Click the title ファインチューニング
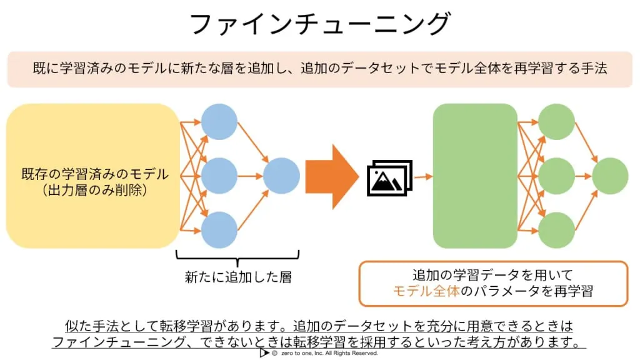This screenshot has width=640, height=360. [320, 23]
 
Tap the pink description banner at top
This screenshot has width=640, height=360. [320, 69]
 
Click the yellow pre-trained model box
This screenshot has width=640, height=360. [93, 176]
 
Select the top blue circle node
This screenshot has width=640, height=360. [219, 122]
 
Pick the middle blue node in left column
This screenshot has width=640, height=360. [219, 176]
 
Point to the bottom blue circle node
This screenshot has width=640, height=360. [219, 230]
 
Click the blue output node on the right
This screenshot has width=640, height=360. [281, 176]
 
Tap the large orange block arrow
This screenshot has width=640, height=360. [332, 176]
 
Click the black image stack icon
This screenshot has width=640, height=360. [390, 178]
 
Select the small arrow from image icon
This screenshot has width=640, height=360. [423, 177]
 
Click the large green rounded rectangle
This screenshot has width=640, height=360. [475, 176]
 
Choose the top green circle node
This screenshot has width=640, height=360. [556, 122]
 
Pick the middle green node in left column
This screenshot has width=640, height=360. [556, 176]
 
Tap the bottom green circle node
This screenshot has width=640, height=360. [556, 230]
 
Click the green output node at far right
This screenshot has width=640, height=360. [610, 176]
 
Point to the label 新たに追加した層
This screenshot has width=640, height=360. [238, 277]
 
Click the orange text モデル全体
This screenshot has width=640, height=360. [426, 291]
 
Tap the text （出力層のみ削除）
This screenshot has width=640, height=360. [94, 190]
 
